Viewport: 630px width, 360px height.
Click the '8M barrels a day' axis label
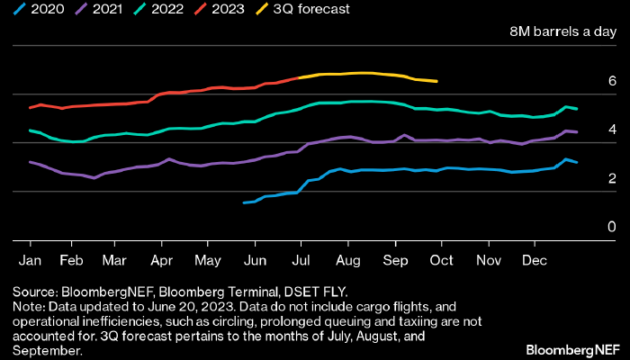click(562, 32)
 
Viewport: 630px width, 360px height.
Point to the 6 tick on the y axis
click(612, 81)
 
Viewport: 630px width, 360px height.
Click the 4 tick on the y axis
click(612, 130)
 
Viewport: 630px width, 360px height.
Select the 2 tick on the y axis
click(612, 178)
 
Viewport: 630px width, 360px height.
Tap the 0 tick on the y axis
click(612, 227)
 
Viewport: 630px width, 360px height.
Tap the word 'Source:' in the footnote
click(35, 292)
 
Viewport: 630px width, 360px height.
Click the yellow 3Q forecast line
click(360, 73)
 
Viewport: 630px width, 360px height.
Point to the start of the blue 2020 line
click(245, 202)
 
